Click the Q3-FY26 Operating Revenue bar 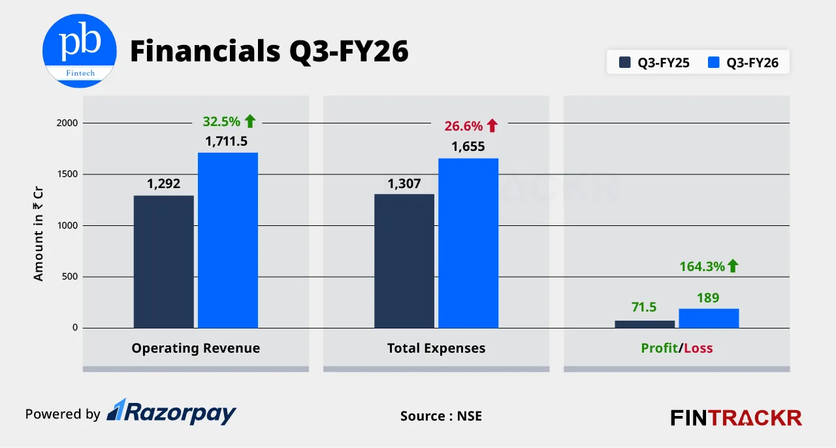(228, 240)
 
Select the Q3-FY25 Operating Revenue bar (163, 261)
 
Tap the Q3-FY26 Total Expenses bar (468, 243)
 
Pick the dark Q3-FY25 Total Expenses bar (404, 261)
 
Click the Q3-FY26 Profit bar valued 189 (709, 318)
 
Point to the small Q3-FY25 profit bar (645, 324)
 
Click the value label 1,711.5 (227, 141)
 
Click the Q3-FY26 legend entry (743, 63)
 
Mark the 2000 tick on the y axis (67, 123)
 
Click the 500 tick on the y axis (70, 277)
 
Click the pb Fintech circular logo (80, 50)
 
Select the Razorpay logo (171, 412)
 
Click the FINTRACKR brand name (736, 417)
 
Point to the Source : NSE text (441, 415)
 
